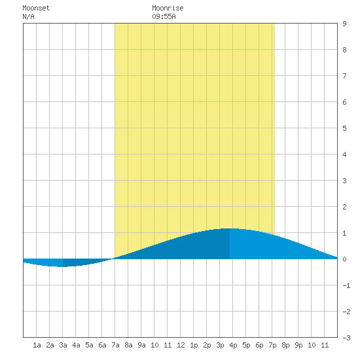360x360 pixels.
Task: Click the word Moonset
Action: (36, 8)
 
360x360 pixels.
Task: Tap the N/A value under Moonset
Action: (28, 16)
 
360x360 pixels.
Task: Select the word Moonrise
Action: (168, 8)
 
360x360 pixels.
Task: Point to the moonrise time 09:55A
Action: (164, 16)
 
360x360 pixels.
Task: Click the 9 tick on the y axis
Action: (344, 24)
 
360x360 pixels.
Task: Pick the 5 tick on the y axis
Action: (344, 128)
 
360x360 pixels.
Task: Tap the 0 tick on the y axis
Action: (344, 259)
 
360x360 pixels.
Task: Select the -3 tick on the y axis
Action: (347, 338)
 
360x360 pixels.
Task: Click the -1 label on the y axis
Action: (347, 285)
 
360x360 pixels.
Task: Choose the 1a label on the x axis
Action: (37, 345)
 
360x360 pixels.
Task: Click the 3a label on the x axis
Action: (63, 345)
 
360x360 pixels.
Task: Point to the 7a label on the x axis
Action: (115, 345)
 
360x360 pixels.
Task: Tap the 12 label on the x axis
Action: (181, 345)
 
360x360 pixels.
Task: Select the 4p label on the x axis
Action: (233, 345)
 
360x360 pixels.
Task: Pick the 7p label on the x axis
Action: (272, 345)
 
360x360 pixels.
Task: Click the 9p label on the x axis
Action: (298, 345)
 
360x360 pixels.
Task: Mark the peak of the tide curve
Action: (230, 228)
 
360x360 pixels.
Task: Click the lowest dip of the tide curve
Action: (62, 267)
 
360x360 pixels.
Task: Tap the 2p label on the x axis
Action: (207, 345)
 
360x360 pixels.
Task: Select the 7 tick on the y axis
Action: (344, 76)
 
